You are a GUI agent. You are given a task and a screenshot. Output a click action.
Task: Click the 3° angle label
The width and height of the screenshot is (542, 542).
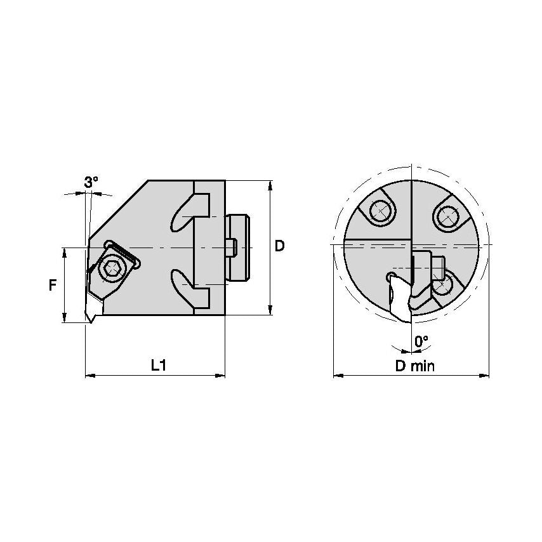91,182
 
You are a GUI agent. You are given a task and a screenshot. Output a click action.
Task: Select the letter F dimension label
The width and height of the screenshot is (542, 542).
53,286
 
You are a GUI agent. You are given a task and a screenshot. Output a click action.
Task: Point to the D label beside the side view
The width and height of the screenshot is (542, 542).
279,246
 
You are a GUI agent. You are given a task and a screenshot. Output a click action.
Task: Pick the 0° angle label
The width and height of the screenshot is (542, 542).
421,341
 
